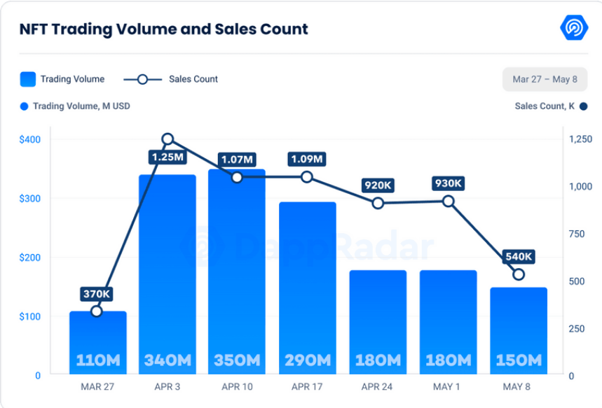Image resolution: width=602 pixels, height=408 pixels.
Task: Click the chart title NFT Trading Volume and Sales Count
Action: pyautogui.click(x=163, y=29)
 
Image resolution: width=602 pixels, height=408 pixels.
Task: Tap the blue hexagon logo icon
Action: pyautogui.click(x=574, y=28)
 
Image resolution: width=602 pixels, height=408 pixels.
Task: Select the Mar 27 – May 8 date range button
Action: pyautogui.click(x=545, y=79)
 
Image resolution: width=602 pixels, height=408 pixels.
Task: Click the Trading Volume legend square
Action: pyautogui.click(x=28, y=79)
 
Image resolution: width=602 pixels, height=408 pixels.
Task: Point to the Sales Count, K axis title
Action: pyautogui.click(x=544, y=106)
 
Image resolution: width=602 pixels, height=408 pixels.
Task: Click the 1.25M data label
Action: pyautogui.click(x=167, y=157)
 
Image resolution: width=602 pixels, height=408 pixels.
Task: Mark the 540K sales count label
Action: pyautogui.click(x=519, y=257)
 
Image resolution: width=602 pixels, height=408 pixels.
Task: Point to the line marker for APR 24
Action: pyautogui.click(x=378, y=203)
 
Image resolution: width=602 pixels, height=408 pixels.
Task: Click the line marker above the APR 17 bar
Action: pyautogui.click(x=307, y=177)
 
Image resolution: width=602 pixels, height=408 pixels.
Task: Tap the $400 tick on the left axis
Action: pyautogui.click(x=29, y=139)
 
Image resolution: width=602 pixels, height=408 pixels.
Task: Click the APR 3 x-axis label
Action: pyautogui.click(x=167, y=387)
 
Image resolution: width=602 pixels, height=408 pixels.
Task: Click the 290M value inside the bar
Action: pyautogui.click(x=307, y=360)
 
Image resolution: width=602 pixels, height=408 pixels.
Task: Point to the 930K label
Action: pyautogui.click(x=449, y=184)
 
